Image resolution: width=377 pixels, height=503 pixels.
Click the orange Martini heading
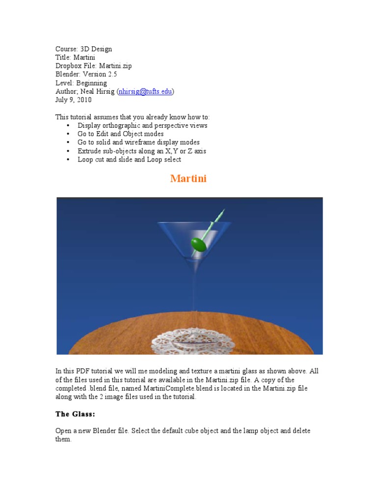point(188,179)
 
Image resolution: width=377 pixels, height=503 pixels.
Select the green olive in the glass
point(198,244)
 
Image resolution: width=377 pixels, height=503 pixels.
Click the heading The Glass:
point(75,414)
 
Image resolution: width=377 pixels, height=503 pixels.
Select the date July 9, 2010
point(73,100)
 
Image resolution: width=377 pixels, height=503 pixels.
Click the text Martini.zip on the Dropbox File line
point(115,66)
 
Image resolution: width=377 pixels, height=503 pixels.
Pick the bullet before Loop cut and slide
point(68,160)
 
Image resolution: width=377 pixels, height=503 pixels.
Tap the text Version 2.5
point(100,74)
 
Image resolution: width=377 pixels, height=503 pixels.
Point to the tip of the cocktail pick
point(223,211)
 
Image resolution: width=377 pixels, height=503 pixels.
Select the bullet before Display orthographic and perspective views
point(68,126)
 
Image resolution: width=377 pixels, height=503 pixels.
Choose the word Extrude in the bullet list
point(89,151)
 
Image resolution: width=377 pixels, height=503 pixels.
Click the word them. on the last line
point(63,439)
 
